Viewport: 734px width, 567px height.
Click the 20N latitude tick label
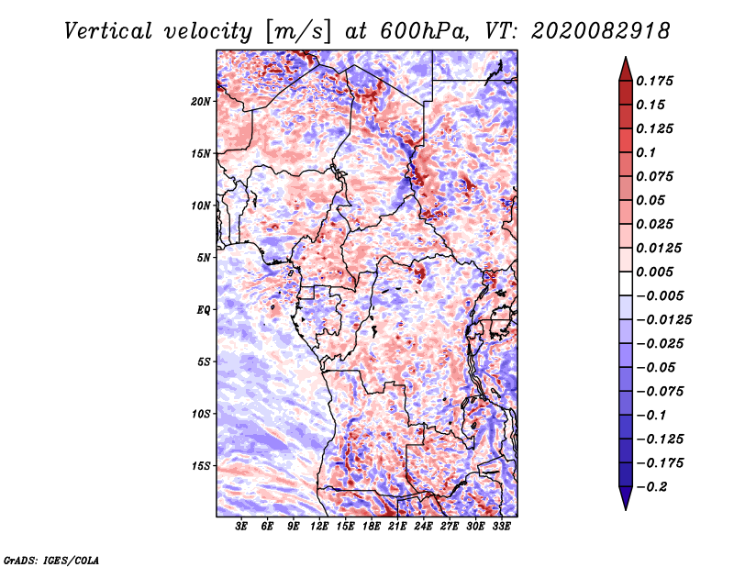pos(201,101)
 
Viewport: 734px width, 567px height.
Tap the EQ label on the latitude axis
pos(204,310)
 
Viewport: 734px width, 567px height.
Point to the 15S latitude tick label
pos(201,466)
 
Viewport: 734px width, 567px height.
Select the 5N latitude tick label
pos(204,258)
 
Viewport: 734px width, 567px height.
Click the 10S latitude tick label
pos(201,414)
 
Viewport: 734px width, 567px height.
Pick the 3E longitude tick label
pos(241,526)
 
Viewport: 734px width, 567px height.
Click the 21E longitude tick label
pos(397,526)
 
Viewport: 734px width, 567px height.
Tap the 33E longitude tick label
pos(501,526)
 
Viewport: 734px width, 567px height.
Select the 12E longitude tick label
pos(318,526)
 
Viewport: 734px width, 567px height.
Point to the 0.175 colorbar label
pos(654,81)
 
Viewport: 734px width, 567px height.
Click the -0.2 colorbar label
pos(651,487)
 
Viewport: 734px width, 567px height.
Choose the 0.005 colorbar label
pos(654,272)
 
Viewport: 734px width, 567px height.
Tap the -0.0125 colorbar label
pos(663,320)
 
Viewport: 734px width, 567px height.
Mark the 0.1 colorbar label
pos(646,152)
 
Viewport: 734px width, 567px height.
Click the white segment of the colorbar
pos(626,283)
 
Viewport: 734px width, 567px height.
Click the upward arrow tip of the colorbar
pos(626,57)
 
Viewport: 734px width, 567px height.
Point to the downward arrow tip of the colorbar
pos(626,509)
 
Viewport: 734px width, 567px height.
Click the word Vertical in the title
pos(108,31)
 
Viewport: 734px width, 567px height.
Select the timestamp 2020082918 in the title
pos(601,31)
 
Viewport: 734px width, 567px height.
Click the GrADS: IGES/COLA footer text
pos(51,560)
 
